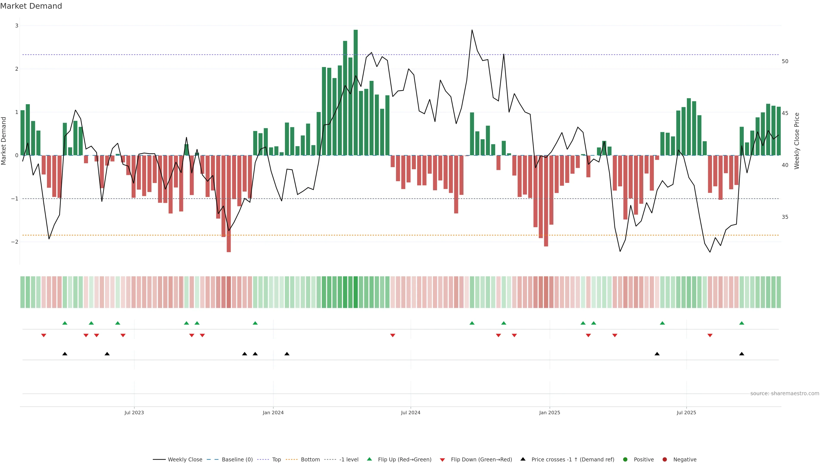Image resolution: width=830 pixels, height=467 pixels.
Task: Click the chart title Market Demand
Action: tap(31, 6)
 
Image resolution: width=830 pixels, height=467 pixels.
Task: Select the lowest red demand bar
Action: tap(229, 204)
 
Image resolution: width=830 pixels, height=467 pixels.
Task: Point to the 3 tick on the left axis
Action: tap(17, 26)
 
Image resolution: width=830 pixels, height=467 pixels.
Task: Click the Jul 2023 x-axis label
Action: tap(134, 413)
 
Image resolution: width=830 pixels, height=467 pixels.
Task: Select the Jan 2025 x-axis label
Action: tap(549, 413)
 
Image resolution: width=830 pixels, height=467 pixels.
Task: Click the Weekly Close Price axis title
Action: tap(796, 141)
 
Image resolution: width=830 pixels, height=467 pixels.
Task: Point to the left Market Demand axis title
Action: tap(4, 141)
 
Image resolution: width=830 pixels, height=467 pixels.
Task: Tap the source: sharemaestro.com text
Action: tap(785, 393)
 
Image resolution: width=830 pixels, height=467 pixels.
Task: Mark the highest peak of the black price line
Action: tap(472, 30)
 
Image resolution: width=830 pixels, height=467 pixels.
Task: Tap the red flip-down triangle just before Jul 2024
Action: tap(393, 336)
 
